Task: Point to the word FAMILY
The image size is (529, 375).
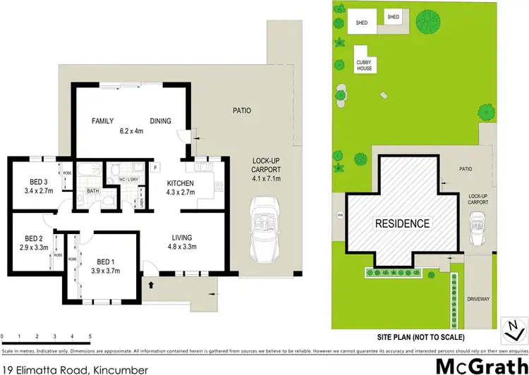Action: coord(104,121)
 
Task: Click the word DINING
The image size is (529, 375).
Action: coord(160,121)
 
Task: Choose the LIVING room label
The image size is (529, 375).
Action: coord(182,238)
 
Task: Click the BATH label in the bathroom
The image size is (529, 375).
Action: coord(92,191)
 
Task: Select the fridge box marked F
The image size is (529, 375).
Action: coord(154,168)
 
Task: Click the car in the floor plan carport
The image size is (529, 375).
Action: coord(262,231)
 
